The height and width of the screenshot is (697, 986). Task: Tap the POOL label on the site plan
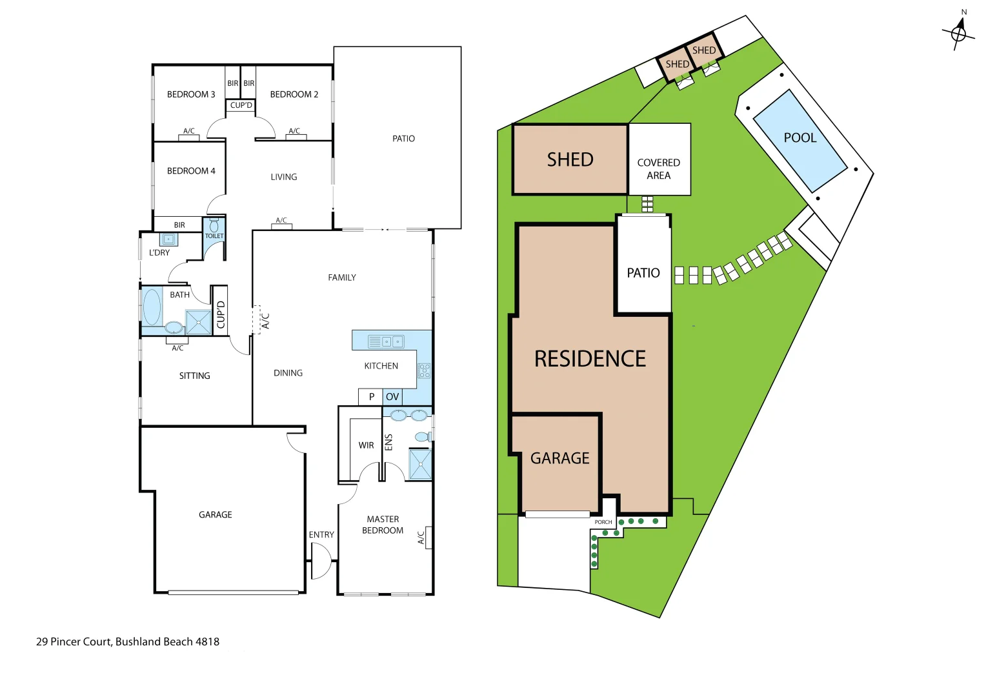click(800, 137)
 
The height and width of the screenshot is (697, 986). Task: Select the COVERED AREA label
click(658, 169)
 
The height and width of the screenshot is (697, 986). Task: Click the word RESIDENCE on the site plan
click(590, 359)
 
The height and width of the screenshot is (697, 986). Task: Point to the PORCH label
click(603, 522)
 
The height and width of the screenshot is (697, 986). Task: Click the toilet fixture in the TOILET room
click(214, 226)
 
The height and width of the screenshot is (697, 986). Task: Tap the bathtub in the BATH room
click(152, 307)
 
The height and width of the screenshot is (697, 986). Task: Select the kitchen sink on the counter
click(386, 341)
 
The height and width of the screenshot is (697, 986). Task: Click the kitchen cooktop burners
click(424, 370)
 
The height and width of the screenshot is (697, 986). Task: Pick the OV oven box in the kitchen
click(392, 397)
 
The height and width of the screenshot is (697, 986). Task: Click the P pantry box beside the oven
click(371, 397)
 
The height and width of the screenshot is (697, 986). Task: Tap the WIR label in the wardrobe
click(366, 445)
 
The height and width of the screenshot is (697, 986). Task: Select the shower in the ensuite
click(420, 465)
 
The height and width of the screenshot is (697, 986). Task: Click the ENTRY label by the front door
click(321, 535)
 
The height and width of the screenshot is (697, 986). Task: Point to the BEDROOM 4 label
click(191, 171)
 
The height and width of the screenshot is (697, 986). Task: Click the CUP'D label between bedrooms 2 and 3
click(241, 105)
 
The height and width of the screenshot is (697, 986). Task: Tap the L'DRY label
click(159, 253)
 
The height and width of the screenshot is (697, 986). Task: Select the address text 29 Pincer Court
click(128, 641)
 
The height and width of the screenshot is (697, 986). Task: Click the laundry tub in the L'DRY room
click(169, 239)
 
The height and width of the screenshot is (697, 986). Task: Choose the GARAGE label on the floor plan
click(215, 515)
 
